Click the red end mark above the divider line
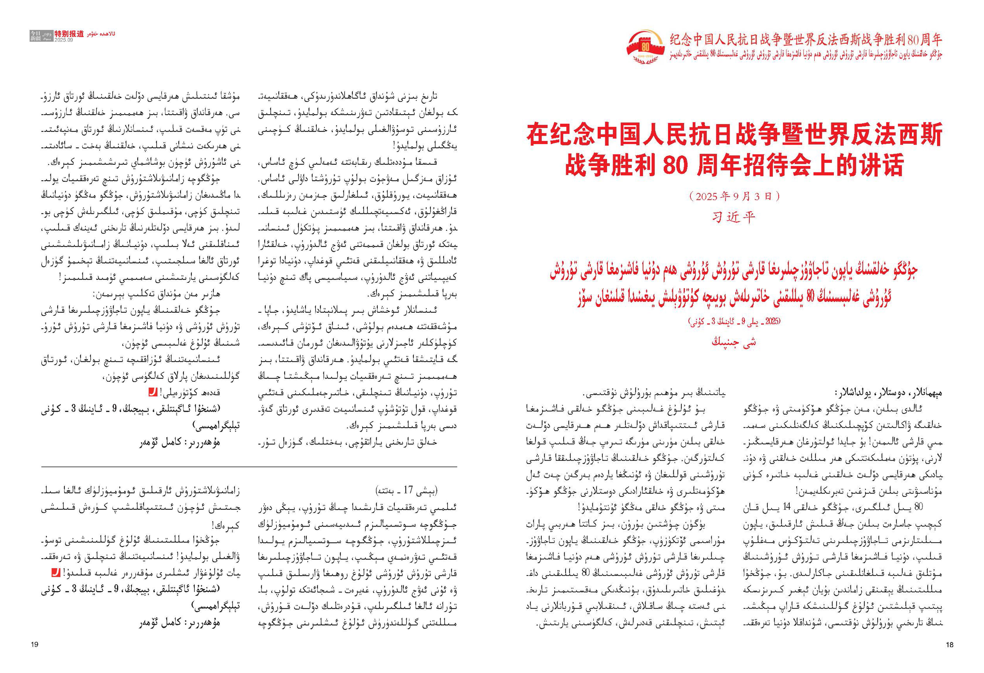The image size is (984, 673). pos(152,393)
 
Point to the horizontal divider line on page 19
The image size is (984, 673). pos(249,467)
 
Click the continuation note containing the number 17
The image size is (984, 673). pos(407,490)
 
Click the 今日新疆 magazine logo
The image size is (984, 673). pos(36,36)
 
